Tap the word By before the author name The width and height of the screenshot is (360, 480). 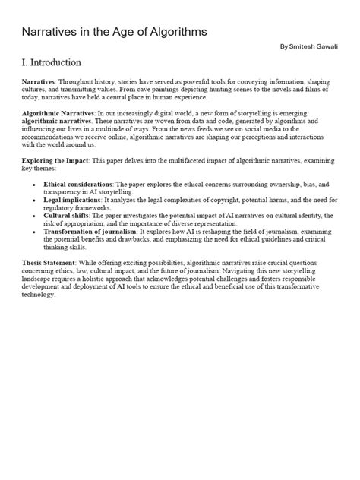tap(284, 47)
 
